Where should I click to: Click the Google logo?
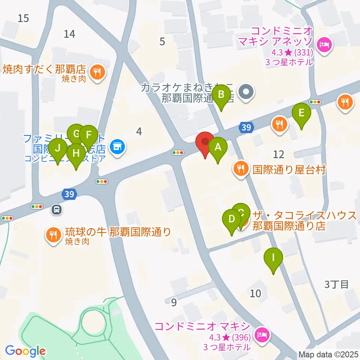pos(25,351)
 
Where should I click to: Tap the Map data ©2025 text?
pos(328,354)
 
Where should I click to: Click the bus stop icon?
pos(57,209)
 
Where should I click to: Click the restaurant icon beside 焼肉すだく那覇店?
pos(99,71)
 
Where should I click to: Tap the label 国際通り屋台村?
pos(288,170)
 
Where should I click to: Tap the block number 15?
pos(23,18)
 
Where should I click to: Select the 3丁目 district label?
pos(336,284)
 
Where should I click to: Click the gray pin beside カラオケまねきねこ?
pos(246,91)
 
